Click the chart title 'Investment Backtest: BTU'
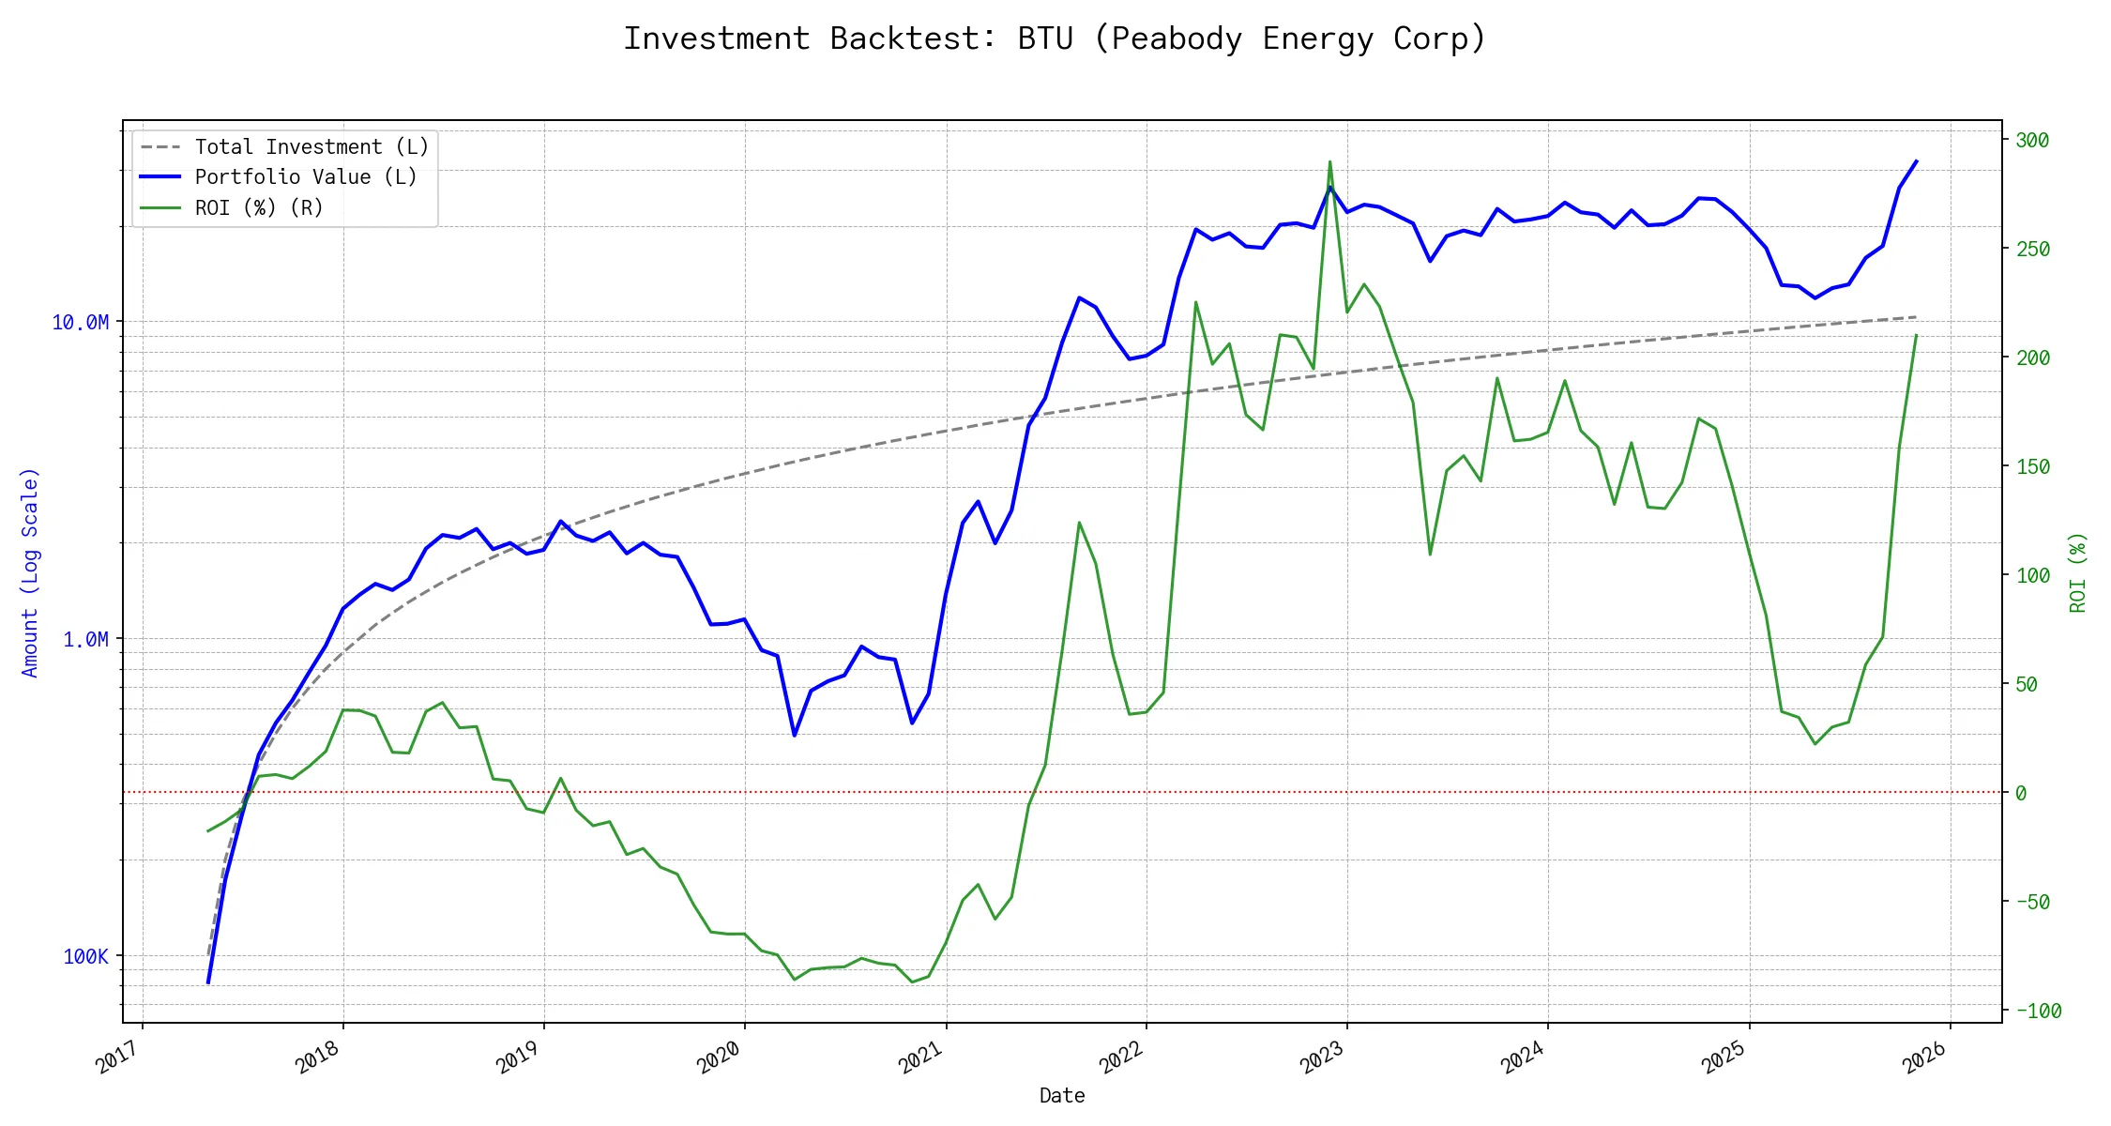1055,39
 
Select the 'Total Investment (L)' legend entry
311,147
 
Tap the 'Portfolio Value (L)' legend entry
306,177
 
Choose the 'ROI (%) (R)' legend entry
259,207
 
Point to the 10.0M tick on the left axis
80,323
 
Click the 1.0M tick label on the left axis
85,640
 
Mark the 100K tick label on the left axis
85,957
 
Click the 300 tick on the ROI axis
2032,141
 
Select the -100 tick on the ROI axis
2038,1012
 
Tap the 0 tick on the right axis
2021,794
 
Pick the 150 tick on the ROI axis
2032,467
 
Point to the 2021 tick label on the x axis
921,1058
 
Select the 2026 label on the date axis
1925,1058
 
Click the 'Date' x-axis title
1062,1096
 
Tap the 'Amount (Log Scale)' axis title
30,572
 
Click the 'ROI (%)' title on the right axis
2077,572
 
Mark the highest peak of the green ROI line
1329,161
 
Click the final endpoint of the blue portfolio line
1916,161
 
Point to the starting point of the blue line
208,982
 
